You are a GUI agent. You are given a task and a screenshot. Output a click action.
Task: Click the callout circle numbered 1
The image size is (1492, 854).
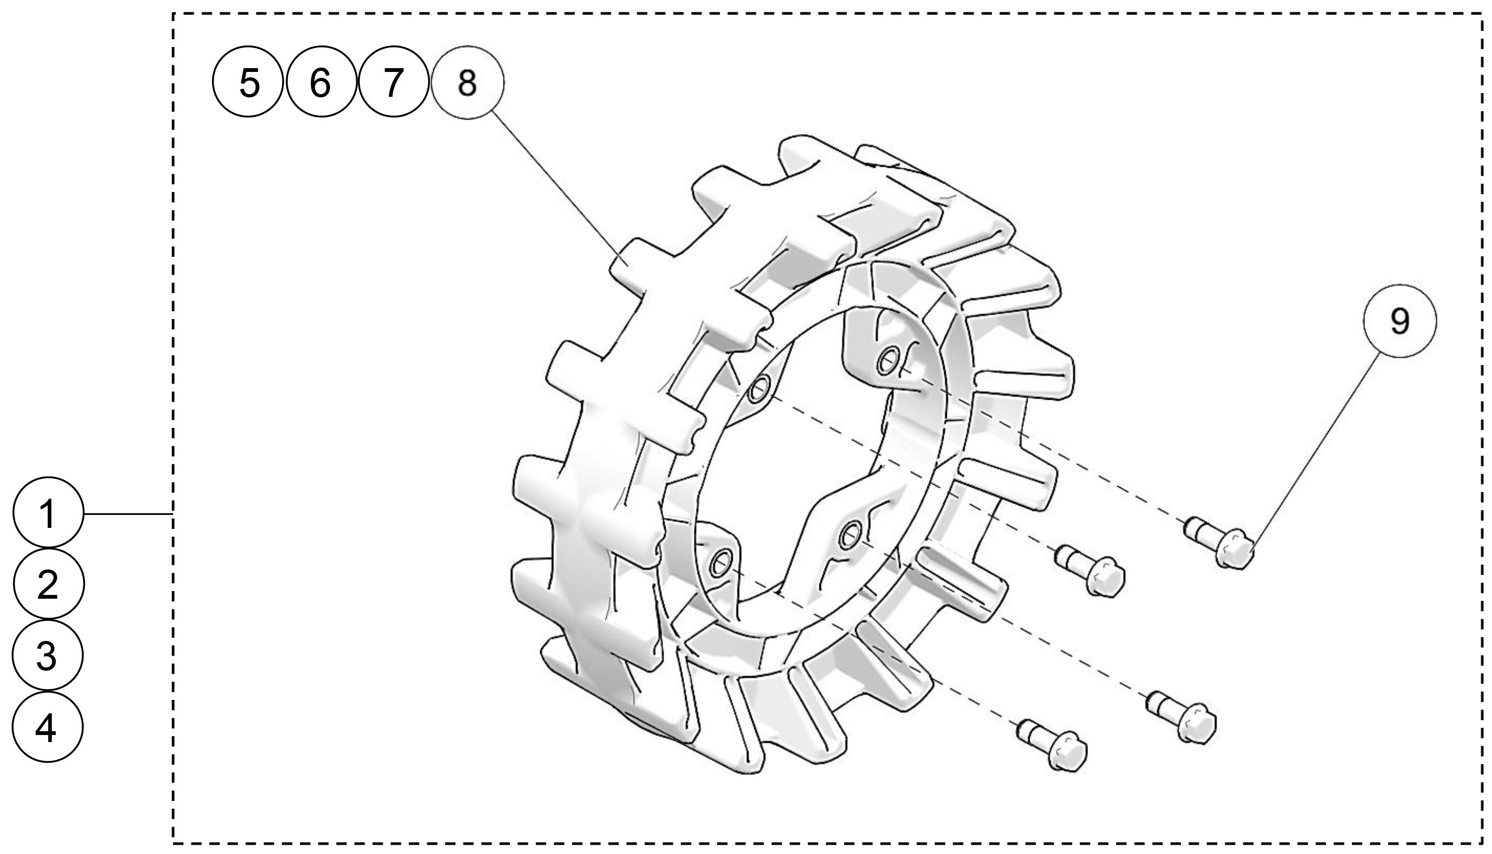click(x=48, y=513)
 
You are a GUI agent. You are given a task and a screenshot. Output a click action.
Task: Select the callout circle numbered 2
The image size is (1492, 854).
click(x=48, y=584)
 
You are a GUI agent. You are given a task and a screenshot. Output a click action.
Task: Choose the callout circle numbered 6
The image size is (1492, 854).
click(x=321, y=82)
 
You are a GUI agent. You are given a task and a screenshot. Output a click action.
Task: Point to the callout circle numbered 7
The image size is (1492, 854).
click(x=393, y=82)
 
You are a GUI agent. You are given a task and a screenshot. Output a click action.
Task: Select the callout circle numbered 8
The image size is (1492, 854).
click(x=467, y=82)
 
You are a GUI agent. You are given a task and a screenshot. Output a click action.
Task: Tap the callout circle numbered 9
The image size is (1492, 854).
click(x=1400, y=321)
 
